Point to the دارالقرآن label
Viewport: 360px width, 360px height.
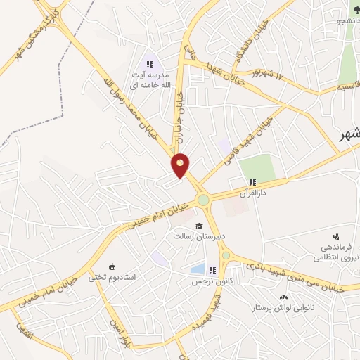[252, 193]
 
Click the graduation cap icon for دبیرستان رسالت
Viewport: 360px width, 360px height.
[200, 226]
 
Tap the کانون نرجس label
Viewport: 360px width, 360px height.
[212, 281]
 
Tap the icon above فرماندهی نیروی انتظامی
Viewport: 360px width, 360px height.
[336, 236]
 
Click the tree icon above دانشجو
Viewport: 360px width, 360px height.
[356, 9]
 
